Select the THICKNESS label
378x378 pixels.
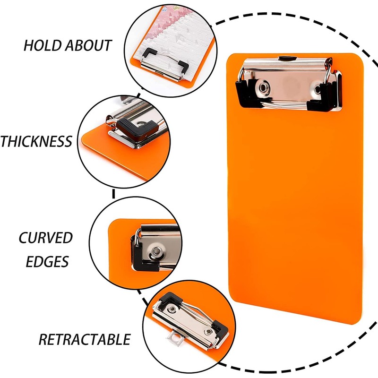coord(36,141)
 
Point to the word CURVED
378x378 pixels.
coord(46,238)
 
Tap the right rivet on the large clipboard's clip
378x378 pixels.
coord(316,88)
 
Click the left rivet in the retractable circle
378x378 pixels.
coord(173,309)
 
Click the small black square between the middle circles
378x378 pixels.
coord(114,193)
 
